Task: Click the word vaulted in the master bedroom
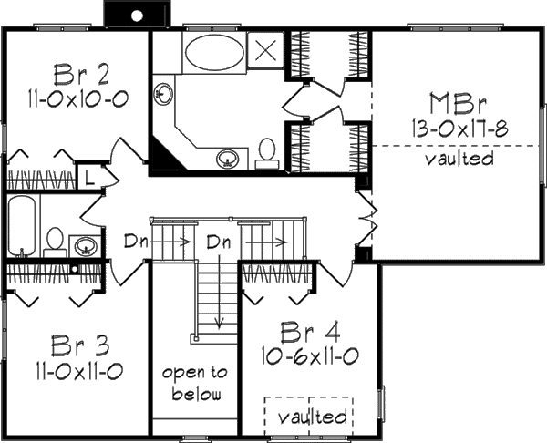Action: [459, 159]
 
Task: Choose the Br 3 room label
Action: [75, 345]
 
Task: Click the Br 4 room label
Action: [305, 330]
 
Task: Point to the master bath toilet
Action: [267, 151]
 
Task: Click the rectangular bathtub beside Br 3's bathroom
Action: [22, 228]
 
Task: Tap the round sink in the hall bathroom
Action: [86, 244]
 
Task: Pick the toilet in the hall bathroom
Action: [55, 241]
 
